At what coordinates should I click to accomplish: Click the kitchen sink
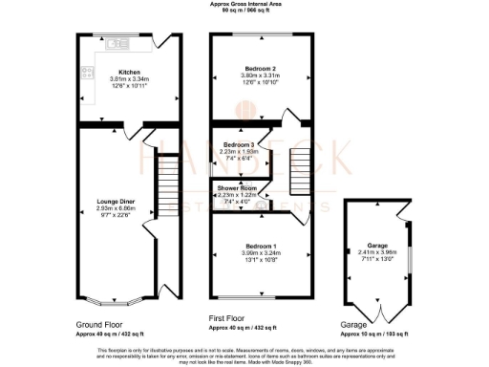pyautogui.click(x=119, y=43)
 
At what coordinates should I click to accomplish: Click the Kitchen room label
pyautogui.click(x=129, y=73)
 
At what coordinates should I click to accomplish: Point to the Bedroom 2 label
pyautogui.click(x=260, y=69)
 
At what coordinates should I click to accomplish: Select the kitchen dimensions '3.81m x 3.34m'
pyautogui.click(x=129, y=80)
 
